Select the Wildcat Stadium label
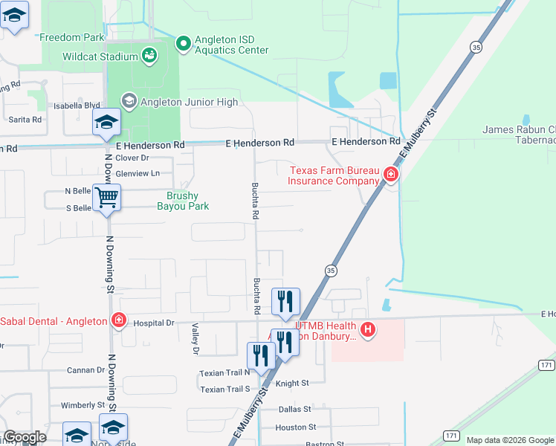point(111,56)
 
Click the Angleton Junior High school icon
point(129,101)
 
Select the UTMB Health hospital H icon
point(366,329)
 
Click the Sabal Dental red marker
point(118,320)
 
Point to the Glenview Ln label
point(138,173)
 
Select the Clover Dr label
point(132,158)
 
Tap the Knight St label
point(292,383)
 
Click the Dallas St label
point(294,409)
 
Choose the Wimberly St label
point(83,405)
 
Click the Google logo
point(25,437)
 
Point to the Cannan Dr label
point(85,369)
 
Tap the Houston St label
point(296,427)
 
